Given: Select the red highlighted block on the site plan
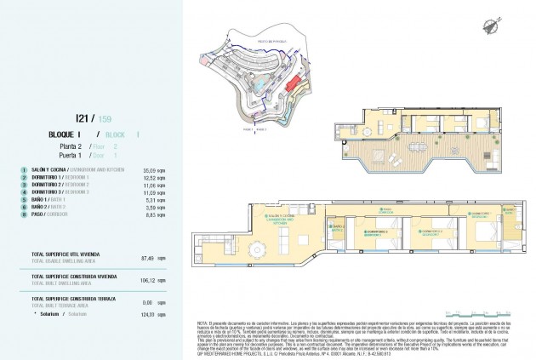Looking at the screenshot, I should (294, 86).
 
